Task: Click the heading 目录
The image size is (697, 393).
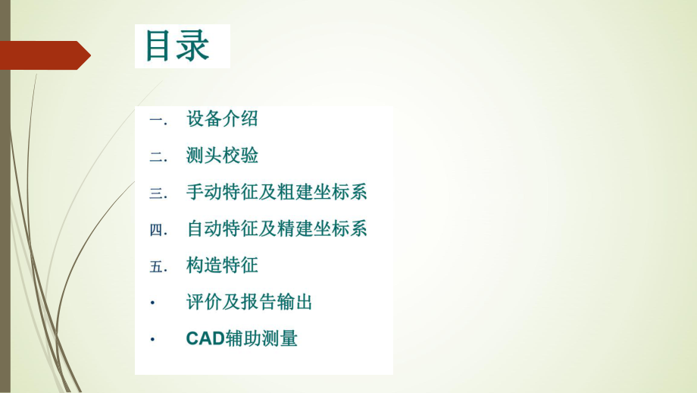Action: [x=177, y=46]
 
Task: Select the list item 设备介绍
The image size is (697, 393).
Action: [x=222, y=118]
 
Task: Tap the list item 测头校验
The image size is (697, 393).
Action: [x=222, y=156]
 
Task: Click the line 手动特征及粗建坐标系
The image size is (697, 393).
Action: [x=277, y=192]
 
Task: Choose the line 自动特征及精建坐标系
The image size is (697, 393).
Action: [x=277, y=228]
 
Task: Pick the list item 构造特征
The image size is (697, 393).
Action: [x=222, y=266]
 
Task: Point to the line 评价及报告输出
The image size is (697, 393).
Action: [x=249, y=302]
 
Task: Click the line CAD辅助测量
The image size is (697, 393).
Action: [x=242, y=338]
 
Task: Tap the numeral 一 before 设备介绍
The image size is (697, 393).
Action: [x=157, y=120]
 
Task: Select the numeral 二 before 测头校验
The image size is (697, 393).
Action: [x=157, y=156]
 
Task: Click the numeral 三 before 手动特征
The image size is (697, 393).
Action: [x=157, y=193]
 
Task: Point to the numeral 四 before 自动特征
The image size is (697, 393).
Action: [x=157, y=229]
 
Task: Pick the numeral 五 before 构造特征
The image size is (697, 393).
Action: [x=157, y=266]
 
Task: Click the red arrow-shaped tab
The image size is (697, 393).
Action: [x=45, y=55]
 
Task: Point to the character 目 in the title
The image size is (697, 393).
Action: [x=160, y=46]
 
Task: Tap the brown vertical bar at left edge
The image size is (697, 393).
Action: [x=5, y=196]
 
